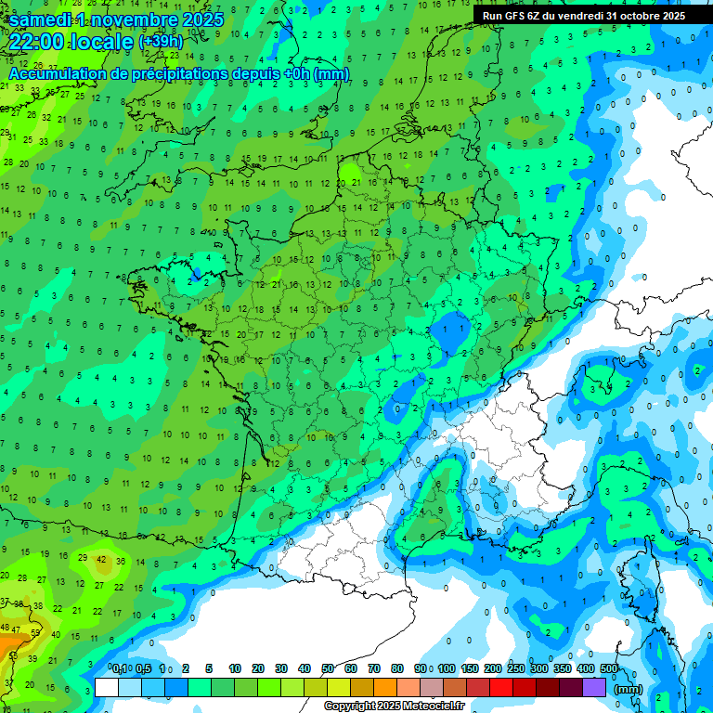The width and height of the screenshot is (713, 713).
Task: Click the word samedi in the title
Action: (x=45, y=19)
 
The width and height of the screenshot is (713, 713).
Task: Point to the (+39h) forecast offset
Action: (x=161, y=43)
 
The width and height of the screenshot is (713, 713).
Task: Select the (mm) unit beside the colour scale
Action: (x=629, y=688)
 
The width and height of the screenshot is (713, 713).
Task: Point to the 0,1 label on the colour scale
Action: (x=120, y=668)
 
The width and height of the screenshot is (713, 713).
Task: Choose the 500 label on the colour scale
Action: (x=609, y=668)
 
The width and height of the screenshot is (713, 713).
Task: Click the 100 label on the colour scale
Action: (x=446, y=668)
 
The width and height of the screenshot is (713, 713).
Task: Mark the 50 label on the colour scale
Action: (x=328, y=668)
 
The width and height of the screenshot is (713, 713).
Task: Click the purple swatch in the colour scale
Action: (x=594, y=688)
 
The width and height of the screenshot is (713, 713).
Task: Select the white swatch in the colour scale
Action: (x=107, y=688)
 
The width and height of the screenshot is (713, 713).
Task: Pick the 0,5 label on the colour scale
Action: (x=143, y=668)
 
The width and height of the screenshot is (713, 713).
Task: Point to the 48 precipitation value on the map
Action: (x=6, y=629)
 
